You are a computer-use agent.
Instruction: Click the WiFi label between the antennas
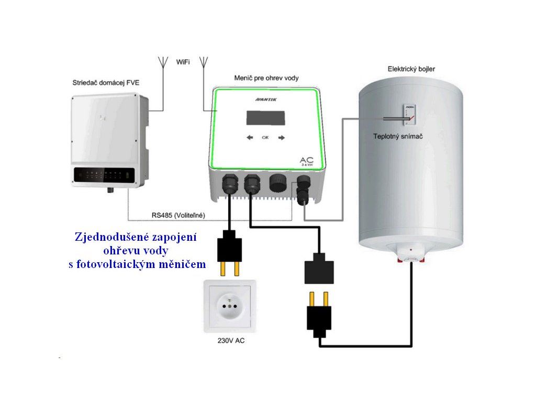183,62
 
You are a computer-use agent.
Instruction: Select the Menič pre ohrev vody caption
266,78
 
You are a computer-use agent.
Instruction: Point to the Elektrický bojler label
411,69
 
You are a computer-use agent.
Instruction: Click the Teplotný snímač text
398,136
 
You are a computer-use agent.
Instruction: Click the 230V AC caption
231,341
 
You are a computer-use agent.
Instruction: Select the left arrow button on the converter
250,138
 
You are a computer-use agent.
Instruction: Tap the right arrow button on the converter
282,138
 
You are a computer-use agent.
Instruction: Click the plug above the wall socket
229,251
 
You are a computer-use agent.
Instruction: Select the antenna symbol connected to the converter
204,62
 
